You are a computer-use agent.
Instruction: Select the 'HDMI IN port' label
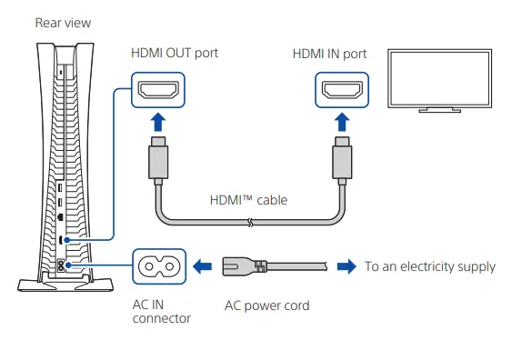[329, 54]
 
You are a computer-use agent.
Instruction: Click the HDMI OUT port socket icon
[160, 91]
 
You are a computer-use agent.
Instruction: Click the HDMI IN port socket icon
[341, 91]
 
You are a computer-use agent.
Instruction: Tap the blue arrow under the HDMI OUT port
[159, 124]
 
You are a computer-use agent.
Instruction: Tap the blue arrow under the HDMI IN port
[341, 124]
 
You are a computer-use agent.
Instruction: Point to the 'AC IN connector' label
[162, 312]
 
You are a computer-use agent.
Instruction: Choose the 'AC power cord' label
[266, 305]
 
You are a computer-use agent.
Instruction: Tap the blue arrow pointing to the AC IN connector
[205, 266]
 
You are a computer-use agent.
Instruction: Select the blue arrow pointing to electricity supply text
[346, 266]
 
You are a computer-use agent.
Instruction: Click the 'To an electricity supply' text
[430, 266]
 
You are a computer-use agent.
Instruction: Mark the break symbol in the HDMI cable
[249, 222]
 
